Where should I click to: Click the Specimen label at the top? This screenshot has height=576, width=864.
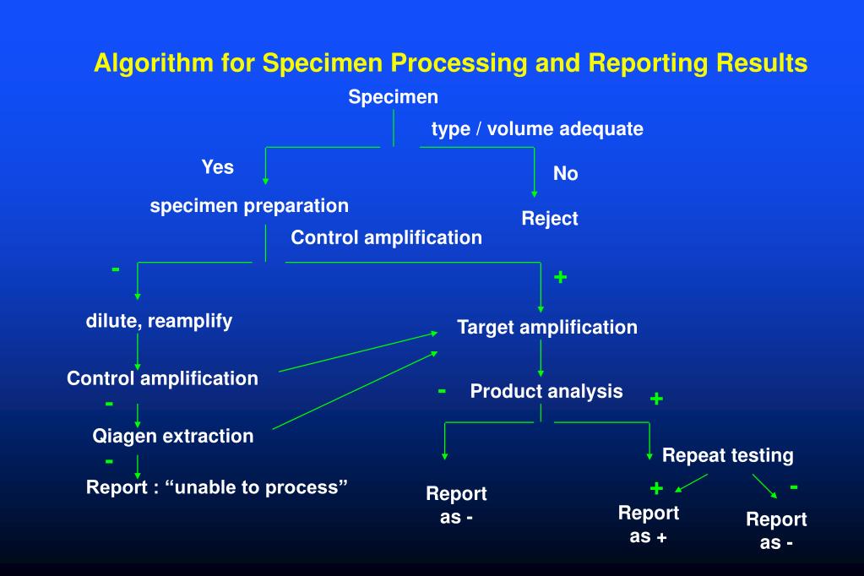pyautogui.click(x=394, y=97)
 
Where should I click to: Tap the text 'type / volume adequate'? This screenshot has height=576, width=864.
pyautogui.click(x=537, y=129)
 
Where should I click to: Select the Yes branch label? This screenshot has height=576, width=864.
pyautogui.click(x=217, y=167)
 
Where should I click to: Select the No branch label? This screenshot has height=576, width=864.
pyautogui.click(x=565, y=174)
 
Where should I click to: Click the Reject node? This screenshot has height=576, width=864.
pyautogui.click(x=550, y=219)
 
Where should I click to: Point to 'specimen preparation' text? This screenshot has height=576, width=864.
pyautogui.click(x=249, y=206)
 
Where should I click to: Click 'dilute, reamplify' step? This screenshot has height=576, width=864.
pyautogui.click(x=159, y=321)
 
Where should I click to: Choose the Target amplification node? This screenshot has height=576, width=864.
pyautogui.click(x=547, y=327)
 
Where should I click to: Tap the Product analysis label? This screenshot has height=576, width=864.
pyautogui.click(x=546, y=391)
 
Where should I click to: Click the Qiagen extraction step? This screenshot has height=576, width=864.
pyautogui.click(x=172, y=436)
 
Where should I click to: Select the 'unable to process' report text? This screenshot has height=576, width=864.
pyautogui.click(x=218, y=487)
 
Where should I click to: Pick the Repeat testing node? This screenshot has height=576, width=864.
pyautogui.click(x=727, y=456)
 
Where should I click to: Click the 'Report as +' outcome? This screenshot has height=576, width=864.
pyautogui.click(x=649, y=524)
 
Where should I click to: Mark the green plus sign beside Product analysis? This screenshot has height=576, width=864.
pyautogui.click(x=656, y=399)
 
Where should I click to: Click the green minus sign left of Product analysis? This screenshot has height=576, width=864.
pyautogui.click(x=442, y=390)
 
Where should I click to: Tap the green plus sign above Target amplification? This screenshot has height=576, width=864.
pyautogui.click(x=560, y=277)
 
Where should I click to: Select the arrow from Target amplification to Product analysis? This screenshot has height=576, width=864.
pyautogui.click(x=541, y=360)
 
